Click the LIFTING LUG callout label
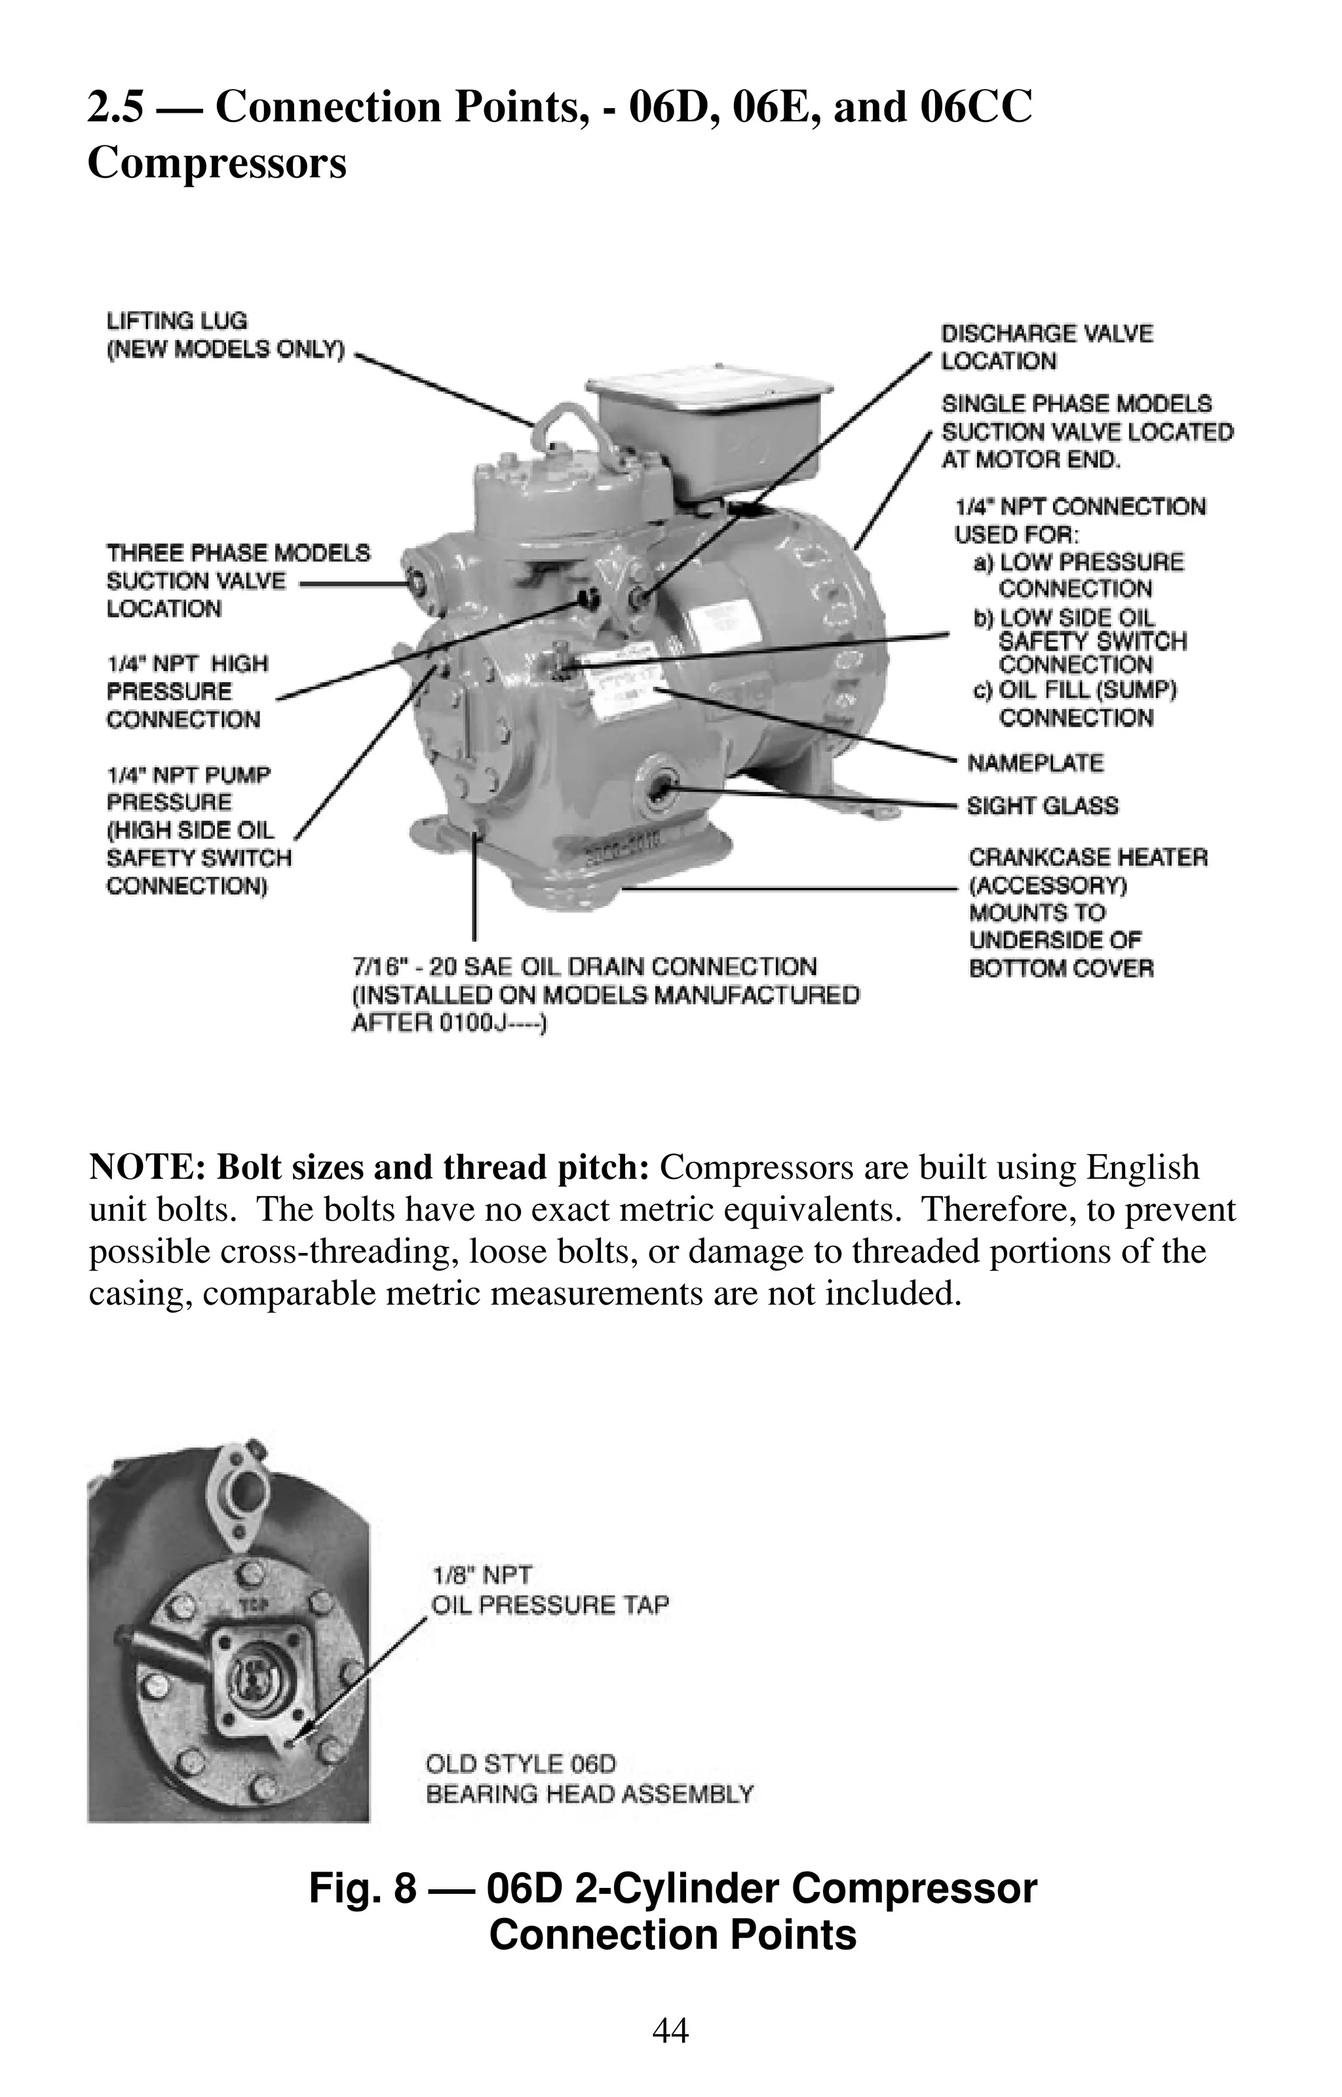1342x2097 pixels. [225, 336]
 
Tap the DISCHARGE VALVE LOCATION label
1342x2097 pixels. [1046, 347]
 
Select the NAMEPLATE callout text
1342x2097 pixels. [1035, 763]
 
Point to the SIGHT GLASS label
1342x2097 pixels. [1043, 806]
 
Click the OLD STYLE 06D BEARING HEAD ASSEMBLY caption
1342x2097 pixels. [588, 1779]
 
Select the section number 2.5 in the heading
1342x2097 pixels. [115, 108]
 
